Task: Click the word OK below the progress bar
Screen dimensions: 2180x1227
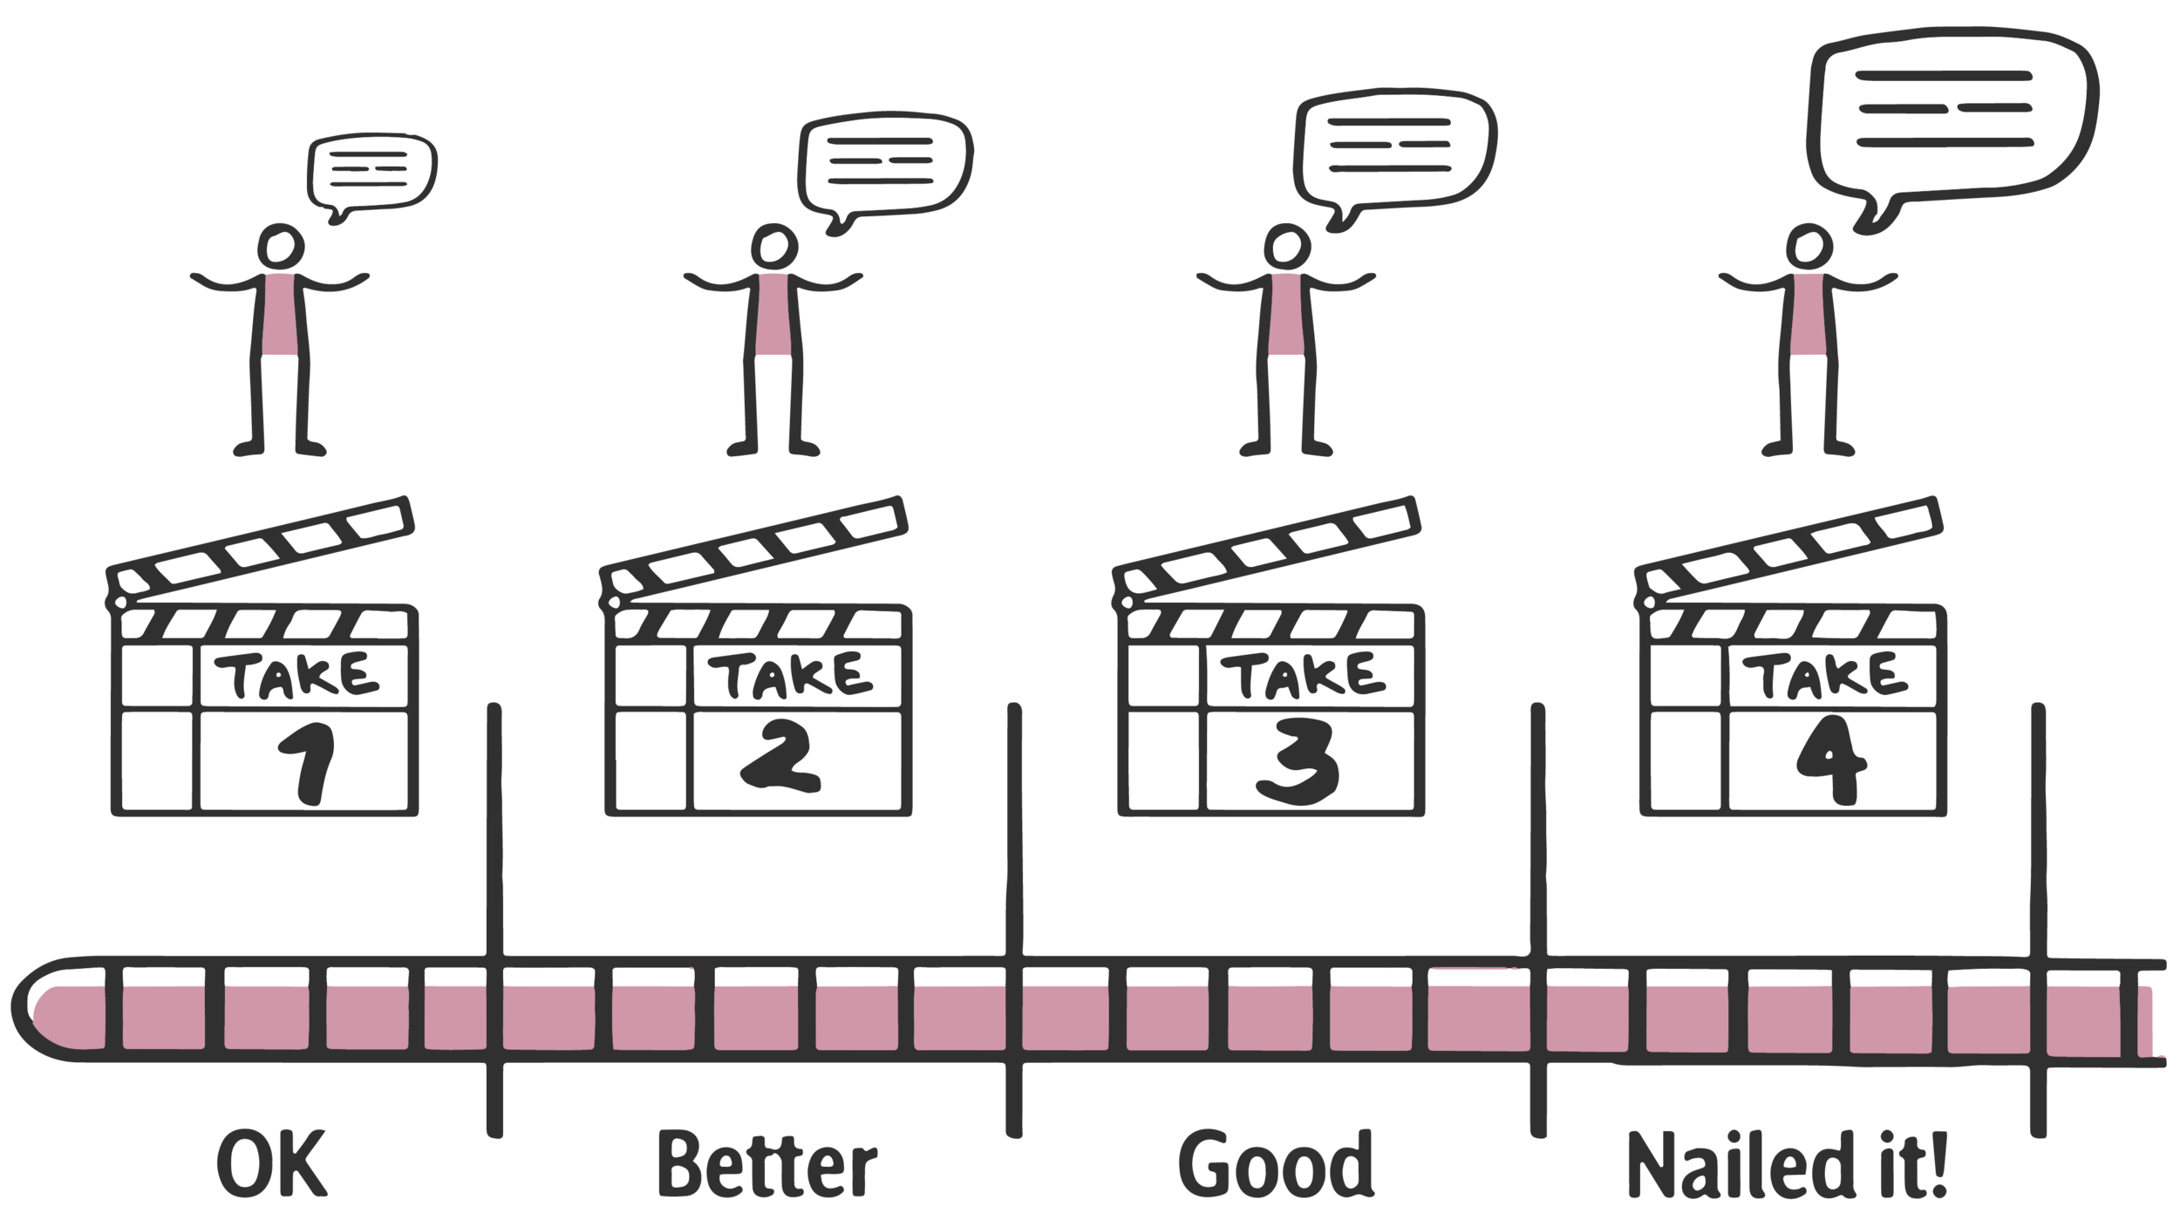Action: (272, 1165)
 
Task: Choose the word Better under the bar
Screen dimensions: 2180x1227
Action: (767, 1165)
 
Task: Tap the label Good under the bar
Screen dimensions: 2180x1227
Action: (1276, 1165)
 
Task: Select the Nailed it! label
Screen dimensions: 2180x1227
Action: (1788, 1165)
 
